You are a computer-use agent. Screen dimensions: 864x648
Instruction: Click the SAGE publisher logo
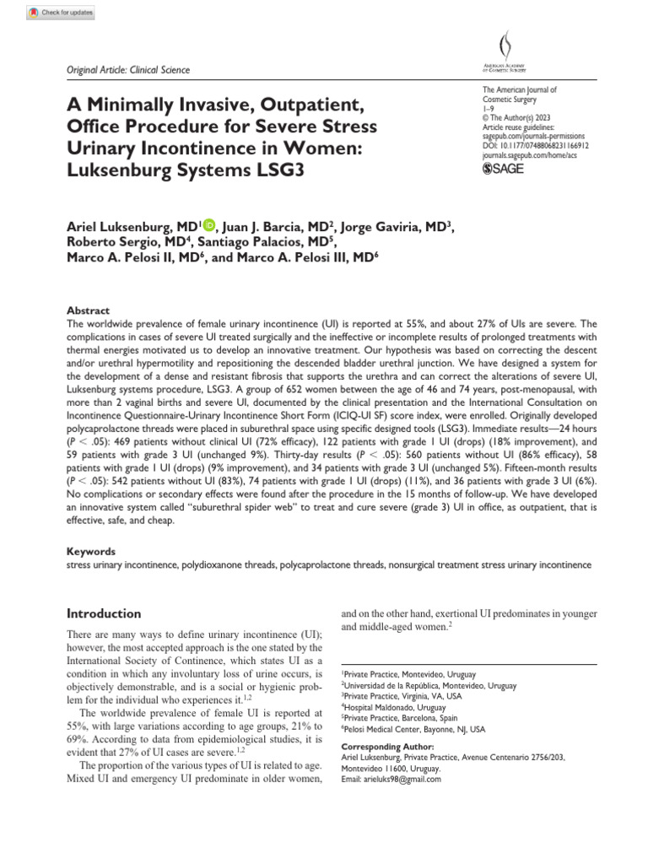(x=502, y=169)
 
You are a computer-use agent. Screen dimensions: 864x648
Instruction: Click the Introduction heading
(x=104, y=613)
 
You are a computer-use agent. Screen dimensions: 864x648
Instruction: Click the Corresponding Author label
(x=386, y=747)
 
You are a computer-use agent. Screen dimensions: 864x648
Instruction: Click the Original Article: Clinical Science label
(x=128, y=70)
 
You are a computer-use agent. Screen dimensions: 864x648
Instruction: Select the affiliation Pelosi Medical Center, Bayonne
(x=414, y=728)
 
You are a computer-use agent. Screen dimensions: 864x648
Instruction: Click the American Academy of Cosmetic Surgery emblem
(x=505, y=51)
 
